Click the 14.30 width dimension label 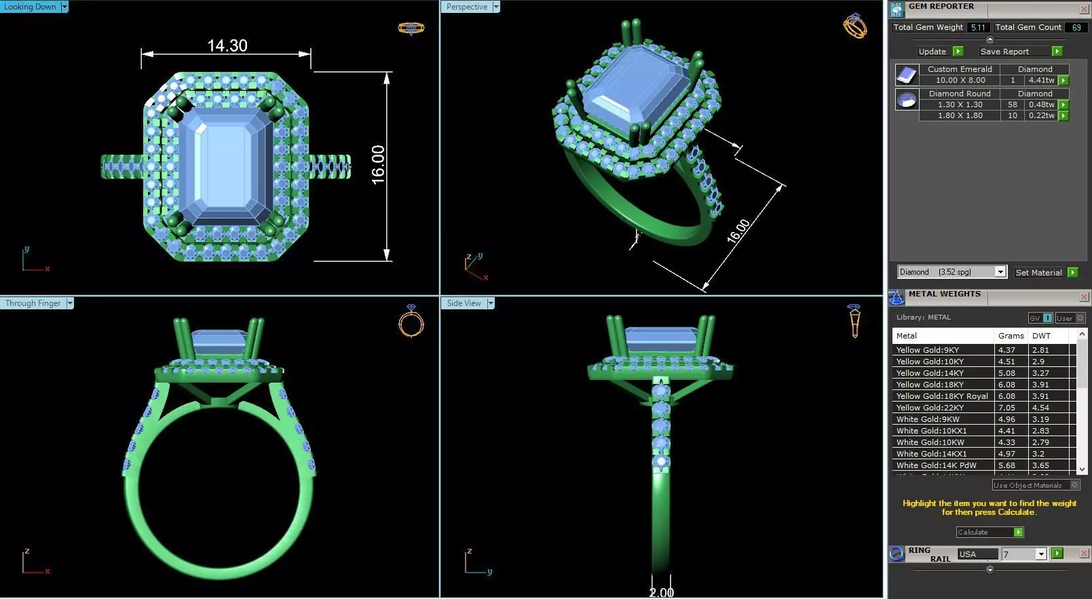tap(227, 45)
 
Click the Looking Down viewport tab tap(30, 7)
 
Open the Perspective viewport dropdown tap(496, 7)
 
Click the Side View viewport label tap(464, 303)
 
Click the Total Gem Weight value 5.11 tap(978, 27)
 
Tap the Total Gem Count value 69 tap(1076, 27)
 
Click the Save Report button tap(1004, 52)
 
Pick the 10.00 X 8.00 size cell tap(960, 80)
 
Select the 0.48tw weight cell tap(1041, 104)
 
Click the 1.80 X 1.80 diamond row tap(960, 115)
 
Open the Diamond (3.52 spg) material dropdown tap(1000, 272)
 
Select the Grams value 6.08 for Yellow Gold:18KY tap(1006, 385)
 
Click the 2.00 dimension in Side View tap(661, 592)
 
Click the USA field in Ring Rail tap(977, 554)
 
